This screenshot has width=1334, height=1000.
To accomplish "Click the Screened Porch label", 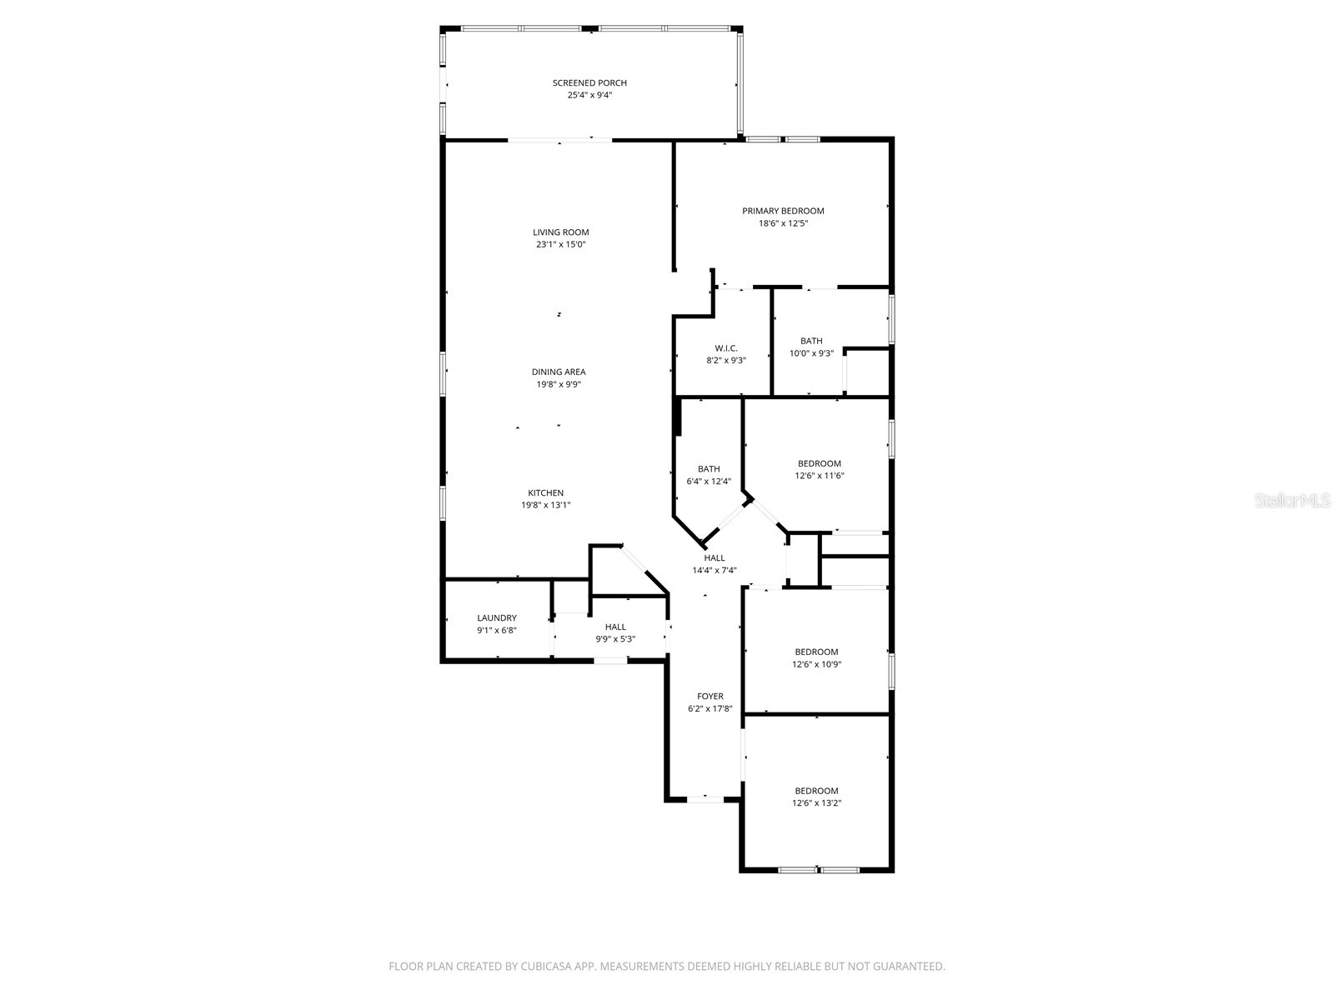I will pyautogui.click(x=589, y=82).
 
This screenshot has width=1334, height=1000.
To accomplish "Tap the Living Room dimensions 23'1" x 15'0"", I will pyautogui.click(x=561, y=245).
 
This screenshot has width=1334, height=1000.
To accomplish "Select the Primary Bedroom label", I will pyautogui.click(x=783, y=211).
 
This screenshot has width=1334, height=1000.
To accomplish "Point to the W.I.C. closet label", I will pyautogui.click(x=726, y=348).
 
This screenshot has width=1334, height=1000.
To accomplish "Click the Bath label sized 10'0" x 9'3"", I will pyautogui.click(x=811, y=341).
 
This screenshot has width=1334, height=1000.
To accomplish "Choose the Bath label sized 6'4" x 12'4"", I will pyautogui.click(x=709, y=469).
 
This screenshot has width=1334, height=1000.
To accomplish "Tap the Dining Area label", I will pyautogui.click(x=559, y=372).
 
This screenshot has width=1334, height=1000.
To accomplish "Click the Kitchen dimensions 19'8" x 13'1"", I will pyautogui.click(x=545, y=505).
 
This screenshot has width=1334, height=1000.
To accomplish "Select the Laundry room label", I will pyautogui.click(x=497, y=617).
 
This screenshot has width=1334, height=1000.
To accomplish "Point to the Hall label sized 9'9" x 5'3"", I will pyautogui.click(x=615, y=627).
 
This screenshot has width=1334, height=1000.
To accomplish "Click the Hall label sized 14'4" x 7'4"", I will pyautogui.click(x=715, y=558).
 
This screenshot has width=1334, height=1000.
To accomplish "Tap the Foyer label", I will pyautogui.click(x=710, y=696).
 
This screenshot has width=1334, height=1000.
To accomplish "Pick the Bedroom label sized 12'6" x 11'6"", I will pyautogui.click(x=820, y=463).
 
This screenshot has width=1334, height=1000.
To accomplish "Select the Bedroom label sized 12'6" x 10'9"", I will pyautogui.click(x=816, y=652).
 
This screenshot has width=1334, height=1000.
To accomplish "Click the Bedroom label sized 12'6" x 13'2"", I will pyautogui.click(x=816, y=791).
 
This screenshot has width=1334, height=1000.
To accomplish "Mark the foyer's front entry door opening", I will pyautogui.click(x=705, y=799).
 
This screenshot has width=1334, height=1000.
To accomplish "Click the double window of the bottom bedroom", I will pyautogui.click(x=818, y=870).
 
